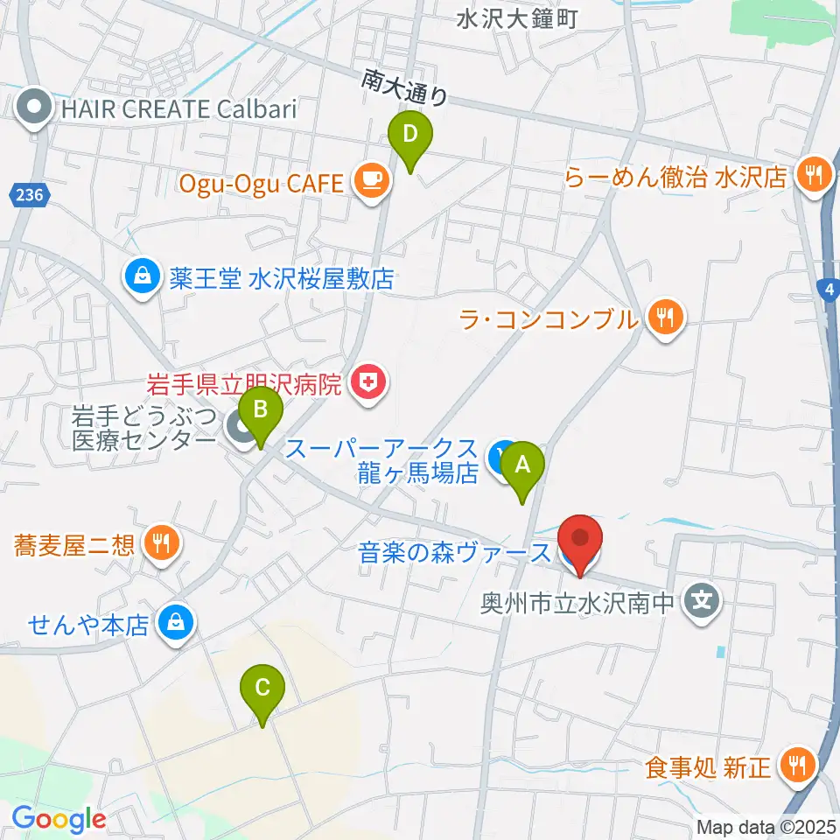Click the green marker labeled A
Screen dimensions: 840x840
(522, 466)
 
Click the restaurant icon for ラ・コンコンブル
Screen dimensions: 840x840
(666, 317)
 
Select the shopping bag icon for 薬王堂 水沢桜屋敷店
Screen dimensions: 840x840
(141, 279)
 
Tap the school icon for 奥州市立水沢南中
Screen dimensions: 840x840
(702, 602)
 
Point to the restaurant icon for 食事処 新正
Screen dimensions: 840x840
(798, 766)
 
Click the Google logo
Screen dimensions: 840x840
(59, 818)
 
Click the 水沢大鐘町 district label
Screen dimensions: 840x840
(517, 18)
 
